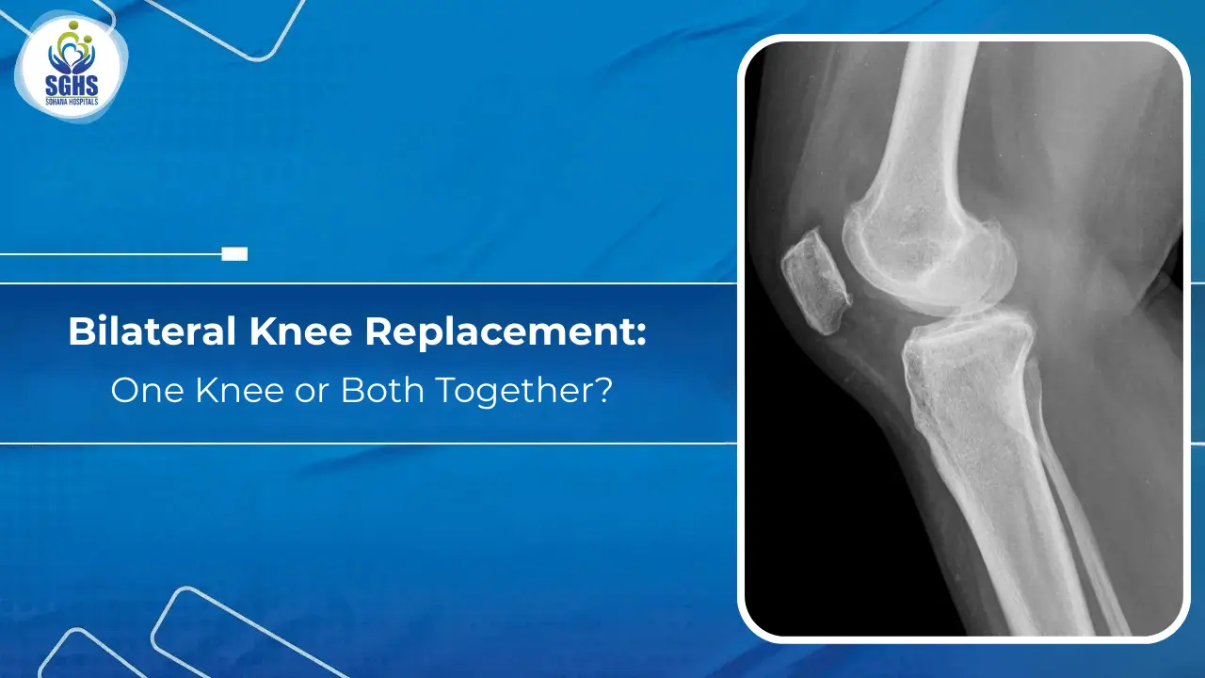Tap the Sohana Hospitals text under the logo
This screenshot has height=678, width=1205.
71,103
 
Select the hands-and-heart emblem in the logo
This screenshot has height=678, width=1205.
71,53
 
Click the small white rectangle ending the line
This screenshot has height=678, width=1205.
234,254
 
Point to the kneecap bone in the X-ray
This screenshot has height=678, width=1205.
816,282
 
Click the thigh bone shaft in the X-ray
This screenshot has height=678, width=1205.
927,122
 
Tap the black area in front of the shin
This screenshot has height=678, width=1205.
828,527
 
